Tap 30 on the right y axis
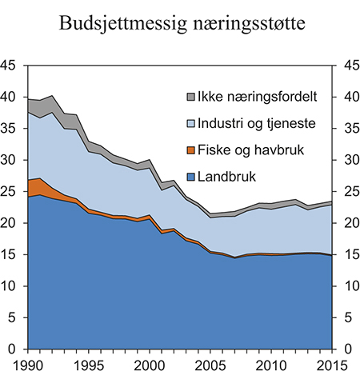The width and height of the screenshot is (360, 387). point(350,160)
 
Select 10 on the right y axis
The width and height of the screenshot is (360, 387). point(350,286)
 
